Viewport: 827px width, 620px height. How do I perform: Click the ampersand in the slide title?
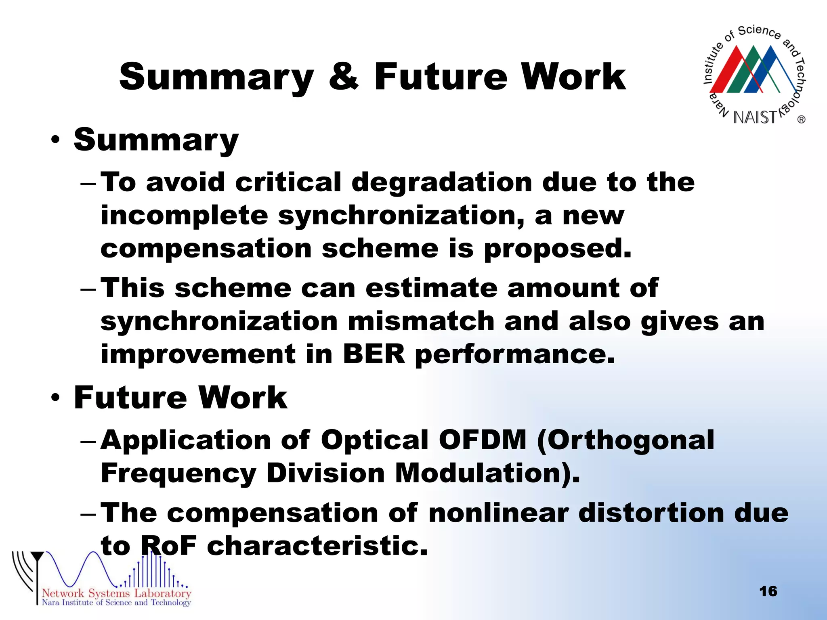[344, 77]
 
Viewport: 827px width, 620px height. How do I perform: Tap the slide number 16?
[768, 591]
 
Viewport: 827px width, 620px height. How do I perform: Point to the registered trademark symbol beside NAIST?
[801, 119]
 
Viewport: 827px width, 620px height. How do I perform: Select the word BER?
[374, 354]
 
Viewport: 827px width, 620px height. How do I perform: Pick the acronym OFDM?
[483, 440]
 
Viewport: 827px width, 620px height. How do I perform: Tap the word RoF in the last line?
[168, 546]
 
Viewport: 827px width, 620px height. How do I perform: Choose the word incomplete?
[184, 216]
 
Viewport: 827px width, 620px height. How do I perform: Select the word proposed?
[557, 249]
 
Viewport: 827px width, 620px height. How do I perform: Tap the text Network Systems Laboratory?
[116, 593]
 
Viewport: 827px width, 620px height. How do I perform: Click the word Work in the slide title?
[573, 77]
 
